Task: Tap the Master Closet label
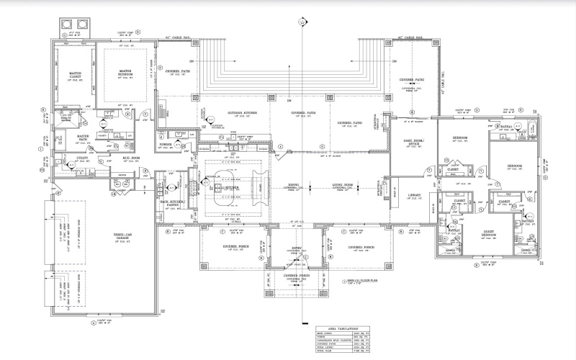74,74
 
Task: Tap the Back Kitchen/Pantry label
174,204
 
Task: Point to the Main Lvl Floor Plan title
351,281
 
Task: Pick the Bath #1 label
505,127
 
